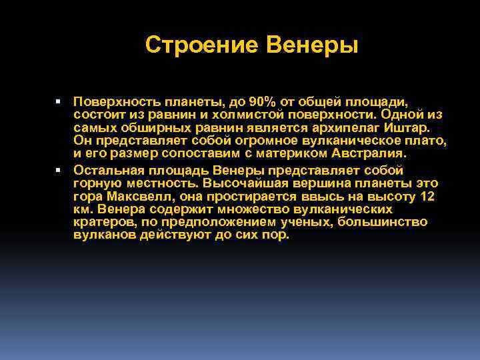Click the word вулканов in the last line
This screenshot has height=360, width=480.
click(x=102, y=235)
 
